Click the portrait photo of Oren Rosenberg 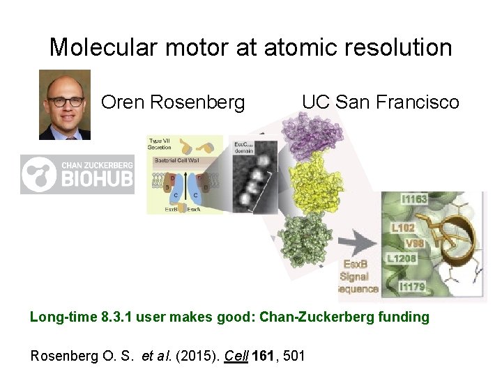pos(64,104)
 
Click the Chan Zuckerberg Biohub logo pos(76,174)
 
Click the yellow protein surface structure pos(314,185)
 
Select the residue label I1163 pos(413,199)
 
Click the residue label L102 pos(404,227)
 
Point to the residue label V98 pos(416,243)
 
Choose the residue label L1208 pos(402,258)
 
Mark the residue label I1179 pos(413,286)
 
